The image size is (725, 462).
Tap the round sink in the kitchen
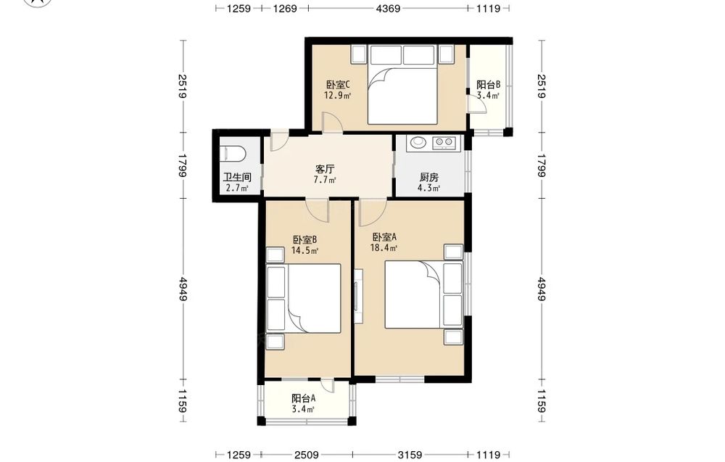(419, 142)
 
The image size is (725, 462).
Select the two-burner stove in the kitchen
(444, 142)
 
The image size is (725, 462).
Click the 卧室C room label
(338, 85)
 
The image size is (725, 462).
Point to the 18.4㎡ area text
(384, 248)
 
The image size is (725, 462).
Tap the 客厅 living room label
(325, 169)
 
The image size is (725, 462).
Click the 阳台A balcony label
(304, 398)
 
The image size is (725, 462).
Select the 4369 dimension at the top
(388, 8)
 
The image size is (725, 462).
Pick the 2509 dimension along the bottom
(307, 455)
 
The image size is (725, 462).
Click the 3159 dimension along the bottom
(410, 455)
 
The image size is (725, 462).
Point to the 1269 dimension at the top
(285, 8)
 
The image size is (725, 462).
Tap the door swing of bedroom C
(332, 122)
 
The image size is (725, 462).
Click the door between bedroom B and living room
(318, 211)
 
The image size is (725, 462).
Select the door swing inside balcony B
(477, 105)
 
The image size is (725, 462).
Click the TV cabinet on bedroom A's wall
(358, 297)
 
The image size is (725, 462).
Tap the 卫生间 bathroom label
(237, 177)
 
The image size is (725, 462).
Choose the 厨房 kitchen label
(429, 177)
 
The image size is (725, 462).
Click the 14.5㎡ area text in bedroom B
(304, 251)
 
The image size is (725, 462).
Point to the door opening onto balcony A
(328, 385)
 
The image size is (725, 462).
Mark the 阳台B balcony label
(488, 85)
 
